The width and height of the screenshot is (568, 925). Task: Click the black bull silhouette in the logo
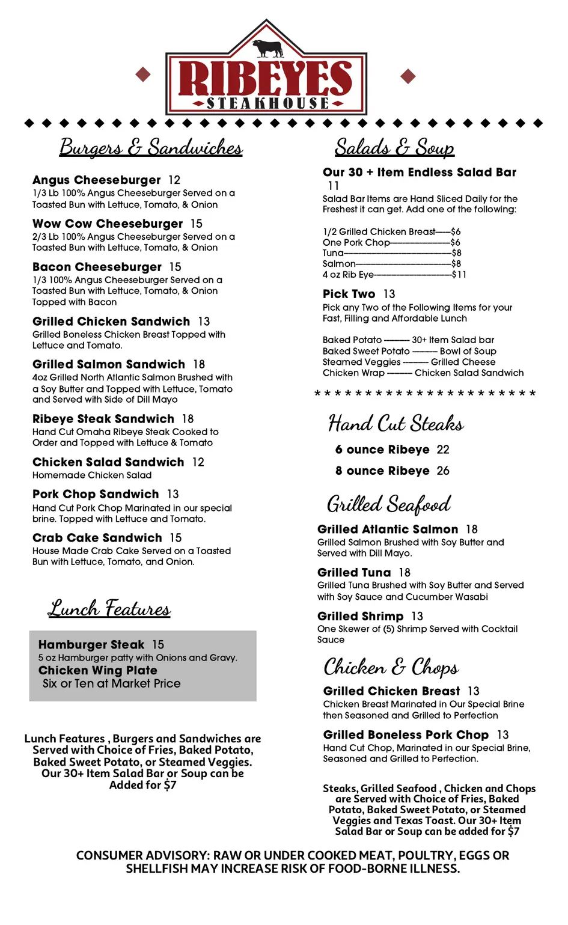(x=267, y=48)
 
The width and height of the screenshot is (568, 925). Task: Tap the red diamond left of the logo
(x=143, y=74)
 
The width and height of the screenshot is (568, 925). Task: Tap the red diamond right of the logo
(x=408, y=76)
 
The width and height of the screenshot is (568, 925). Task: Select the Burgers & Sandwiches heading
(x=151, y=147)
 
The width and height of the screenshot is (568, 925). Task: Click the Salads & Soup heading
(x=394, y=147)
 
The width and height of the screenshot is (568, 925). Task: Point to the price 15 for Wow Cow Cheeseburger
(x=197, y=224)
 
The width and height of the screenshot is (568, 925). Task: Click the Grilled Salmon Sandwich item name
(x=109, y=364)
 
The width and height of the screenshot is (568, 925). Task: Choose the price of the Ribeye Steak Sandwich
(x=188, y=419)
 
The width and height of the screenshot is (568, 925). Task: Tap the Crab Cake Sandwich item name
(x=97, y=538)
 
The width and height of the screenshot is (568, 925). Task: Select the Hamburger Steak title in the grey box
(x=91, y=645)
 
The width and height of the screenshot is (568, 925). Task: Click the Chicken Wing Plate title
(x=98, y=670)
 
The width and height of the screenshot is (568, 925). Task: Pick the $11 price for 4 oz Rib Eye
(x=459, y=275)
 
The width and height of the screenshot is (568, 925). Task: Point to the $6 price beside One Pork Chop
(x=456, y=242)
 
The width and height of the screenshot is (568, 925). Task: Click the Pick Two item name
(x=349, y=294)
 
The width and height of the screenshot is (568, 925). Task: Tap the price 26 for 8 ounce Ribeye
(x=443, y=471)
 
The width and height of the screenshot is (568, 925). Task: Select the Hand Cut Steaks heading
(x=395, y=424)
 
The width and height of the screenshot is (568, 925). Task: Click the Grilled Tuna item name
(x=354, y=573)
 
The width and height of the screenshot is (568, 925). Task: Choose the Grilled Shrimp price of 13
(x=417, y=617)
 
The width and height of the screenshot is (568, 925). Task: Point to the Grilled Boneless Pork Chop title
(x=406, y=735)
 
